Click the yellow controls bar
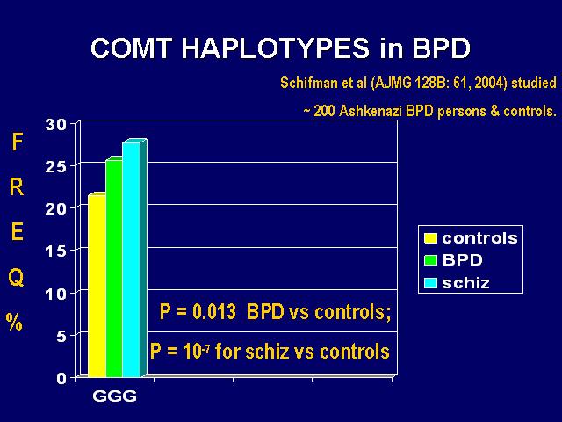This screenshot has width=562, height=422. click(x=97, y=285)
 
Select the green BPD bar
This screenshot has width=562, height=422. click(x=114, y=267)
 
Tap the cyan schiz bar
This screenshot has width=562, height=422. click(x=132, y=259)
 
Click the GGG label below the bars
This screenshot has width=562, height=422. click(x=115, y=397)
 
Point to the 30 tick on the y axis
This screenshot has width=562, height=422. click(x=56, y=125)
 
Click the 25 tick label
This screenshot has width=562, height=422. click(x=56, y=167)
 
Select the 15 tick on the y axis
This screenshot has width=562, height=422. click(x=56, y=251)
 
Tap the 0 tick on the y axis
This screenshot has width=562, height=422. click(x=61, y=379)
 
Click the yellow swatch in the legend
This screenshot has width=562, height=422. click(x=430, y=238)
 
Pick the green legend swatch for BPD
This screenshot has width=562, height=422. click(x=430, y=260)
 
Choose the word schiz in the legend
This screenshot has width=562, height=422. click(x=465, y=283)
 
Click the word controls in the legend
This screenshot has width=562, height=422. click(x=480, y=238)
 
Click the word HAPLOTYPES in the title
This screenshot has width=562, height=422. click(x=275, y=48)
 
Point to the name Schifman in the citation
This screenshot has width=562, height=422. click(x=309, y=83)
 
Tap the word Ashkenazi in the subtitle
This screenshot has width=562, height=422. click(x=371, y=111)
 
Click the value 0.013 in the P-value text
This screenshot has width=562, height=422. click(x=214, y=311)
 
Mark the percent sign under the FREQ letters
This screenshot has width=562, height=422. click(x=14, y=323)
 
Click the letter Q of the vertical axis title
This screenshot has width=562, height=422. click(x=16, y=278)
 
